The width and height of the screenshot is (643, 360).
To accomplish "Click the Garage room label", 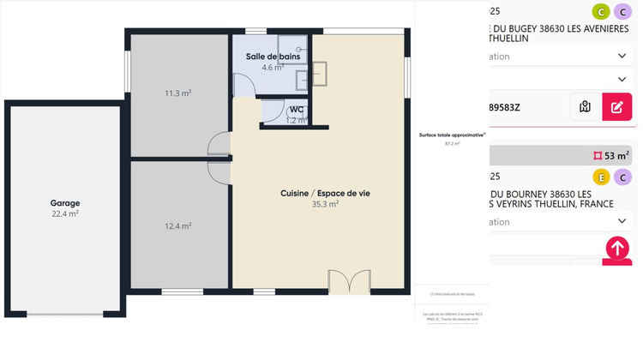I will [x=64, y=203].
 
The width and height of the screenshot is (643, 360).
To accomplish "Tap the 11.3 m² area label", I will [x=177, y=93].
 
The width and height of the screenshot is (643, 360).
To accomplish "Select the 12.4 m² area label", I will [x=177, y=226].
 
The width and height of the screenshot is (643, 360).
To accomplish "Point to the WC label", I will [x=296, y=110].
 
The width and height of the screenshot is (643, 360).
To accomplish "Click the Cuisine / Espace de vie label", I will [x=325, y=193].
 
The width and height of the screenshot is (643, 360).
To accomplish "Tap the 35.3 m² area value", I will [x=325, y=205].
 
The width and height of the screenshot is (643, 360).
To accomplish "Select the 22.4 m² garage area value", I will [x=64, y=214].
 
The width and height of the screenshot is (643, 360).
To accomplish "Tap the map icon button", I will [x=586, y=107].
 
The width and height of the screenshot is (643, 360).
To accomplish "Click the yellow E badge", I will [x=602, y=177].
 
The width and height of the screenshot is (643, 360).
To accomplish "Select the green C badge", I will [x=602, y=11].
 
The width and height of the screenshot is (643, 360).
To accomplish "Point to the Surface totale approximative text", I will [x=452, y=135].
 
